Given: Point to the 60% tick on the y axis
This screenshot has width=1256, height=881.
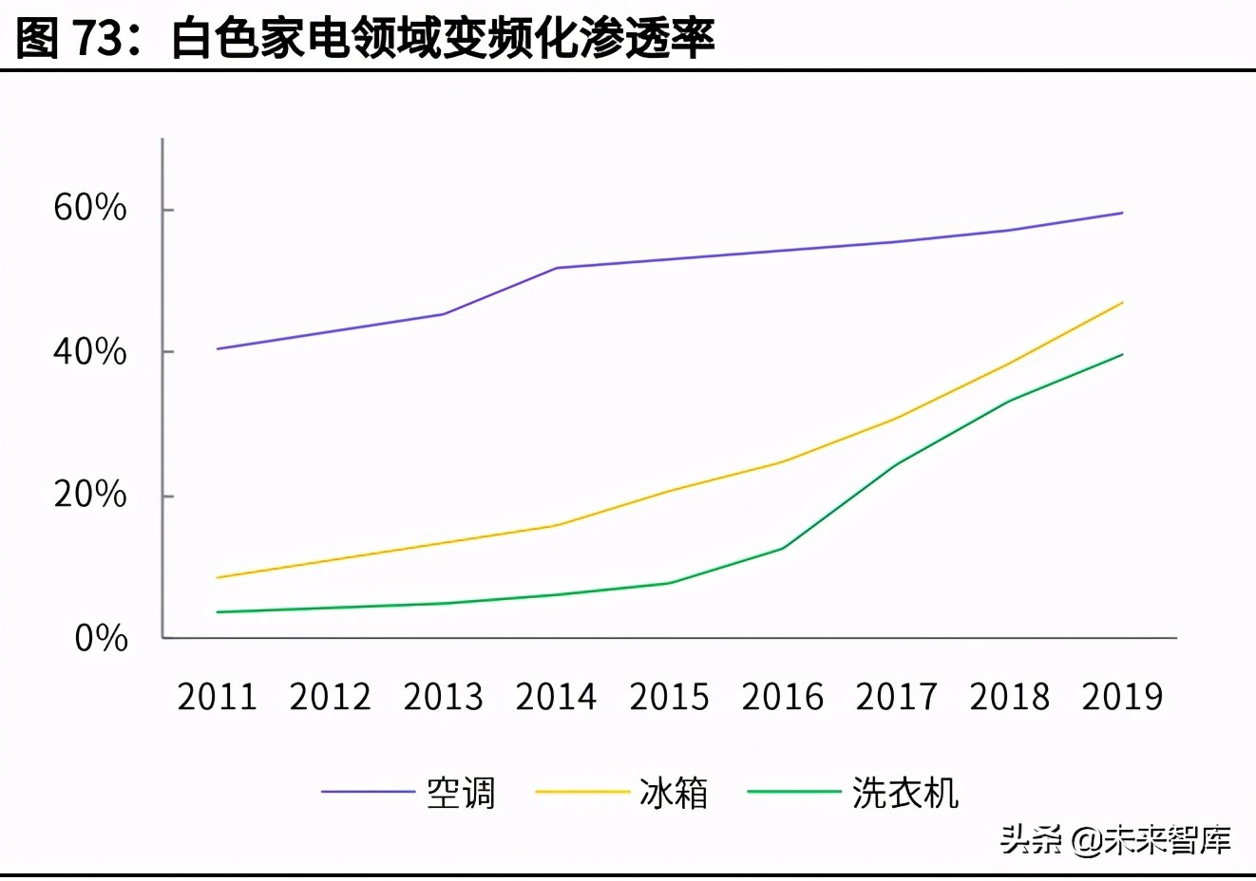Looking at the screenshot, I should click(x=90, y=208).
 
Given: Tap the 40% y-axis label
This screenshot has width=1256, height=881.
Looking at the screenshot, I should click(x=90, y=352).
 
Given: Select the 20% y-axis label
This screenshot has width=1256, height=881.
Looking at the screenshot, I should click(x=90, y=495).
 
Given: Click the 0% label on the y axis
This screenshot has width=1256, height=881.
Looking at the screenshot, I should click(x=101, y=638).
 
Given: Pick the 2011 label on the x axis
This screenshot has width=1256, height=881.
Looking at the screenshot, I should click(x=217, y=697).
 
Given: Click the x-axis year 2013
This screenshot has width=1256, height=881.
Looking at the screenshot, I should click(x=443, y=697).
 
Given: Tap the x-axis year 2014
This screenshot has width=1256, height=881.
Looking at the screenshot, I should click(x=556, y=697).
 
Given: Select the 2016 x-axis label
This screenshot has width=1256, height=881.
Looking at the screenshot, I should click(x=782, y=697).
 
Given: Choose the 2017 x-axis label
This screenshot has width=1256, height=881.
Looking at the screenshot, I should click(x=896, y=697).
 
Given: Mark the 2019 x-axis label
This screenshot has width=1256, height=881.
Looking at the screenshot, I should click(x=1122, y=697).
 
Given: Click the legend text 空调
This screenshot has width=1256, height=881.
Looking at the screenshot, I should click(x=461, y=793).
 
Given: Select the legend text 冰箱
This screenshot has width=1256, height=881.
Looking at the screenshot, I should click(x=674, y=793).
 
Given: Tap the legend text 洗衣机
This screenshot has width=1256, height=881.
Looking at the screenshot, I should click(x=904, y=793).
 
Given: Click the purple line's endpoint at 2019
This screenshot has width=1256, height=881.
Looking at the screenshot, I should click(x=1123, y=213).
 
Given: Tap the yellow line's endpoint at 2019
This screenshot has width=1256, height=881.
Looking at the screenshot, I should click(x=1123, y=303).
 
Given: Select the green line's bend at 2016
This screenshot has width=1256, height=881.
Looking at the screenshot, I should click(x=784, y=548).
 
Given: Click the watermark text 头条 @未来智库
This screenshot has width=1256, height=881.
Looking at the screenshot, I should click(x=1115, y=839).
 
